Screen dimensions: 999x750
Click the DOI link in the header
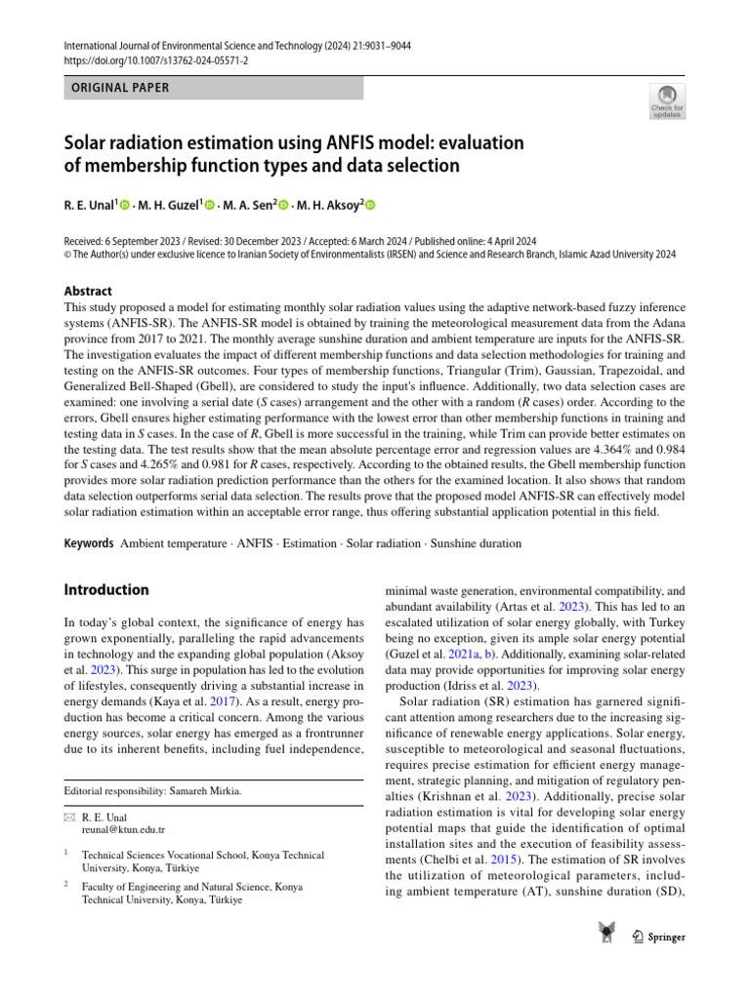[x=156, y=60]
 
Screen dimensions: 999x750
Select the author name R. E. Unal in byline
[x=88, y=205]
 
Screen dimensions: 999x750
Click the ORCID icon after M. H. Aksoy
[x=370, y=205]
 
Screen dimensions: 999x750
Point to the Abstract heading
[x=88, y=291]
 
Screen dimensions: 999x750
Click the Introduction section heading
[x=106, y=589]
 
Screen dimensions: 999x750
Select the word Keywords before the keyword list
[x=89, y=542]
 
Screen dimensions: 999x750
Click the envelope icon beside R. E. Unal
[x=68, y=817]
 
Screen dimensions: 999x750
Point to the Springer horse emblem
[x=606, y=935]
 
